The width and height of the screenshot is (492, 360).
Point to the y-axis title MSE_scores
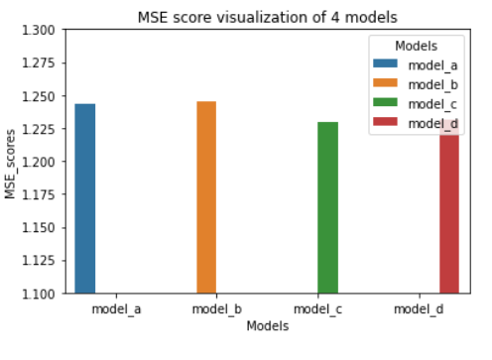point(11,162)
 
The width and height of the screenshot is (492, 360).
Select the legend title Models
point(416,46)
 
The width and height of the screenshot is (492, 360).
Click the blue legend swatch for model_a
point(383,64)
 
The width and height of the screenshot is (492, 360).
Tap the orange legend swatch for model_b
point(383,84)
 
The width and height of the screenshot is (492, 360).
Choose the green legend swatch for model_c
point(383,103)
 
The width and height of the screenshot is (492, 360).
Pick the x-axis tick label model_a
point(115,309)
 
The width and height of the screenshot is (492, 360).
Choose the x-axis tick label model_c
point(327,309)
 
